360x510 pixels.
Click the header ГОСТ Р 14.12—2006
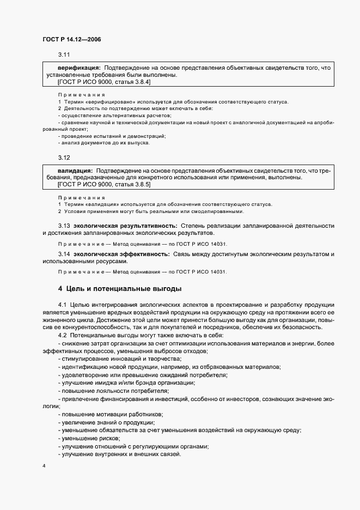(71, 39)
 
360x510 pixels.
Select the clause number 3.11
(64, 55)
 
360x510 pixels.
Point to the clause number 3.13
(64, 226)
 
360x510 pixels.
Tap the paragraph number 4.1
(62, 304)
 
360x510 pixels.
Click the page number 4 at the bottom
(44, 466)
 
